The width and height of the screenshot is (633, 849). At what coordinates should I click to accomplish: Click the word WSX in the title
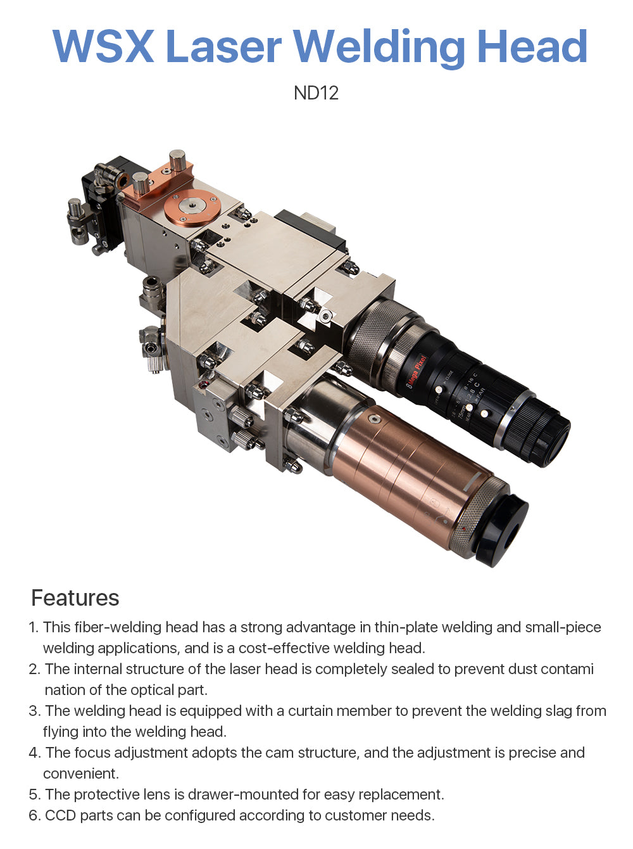click(104, 46)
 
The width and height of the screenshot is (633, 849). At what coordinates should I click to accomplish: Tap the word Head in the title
click(532, 46)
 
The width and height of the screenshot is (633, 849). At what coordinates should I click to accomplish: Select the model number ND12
click(316, 93)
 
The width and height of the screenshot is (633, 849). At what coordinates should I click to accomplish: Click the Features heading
click(75, 598)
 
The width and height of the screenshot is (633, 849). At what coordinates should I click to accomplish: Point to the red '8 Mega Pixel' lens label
click(417, 372)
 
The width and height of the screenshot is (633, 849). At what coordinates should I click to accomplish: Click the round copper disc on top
click(192, 208)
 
